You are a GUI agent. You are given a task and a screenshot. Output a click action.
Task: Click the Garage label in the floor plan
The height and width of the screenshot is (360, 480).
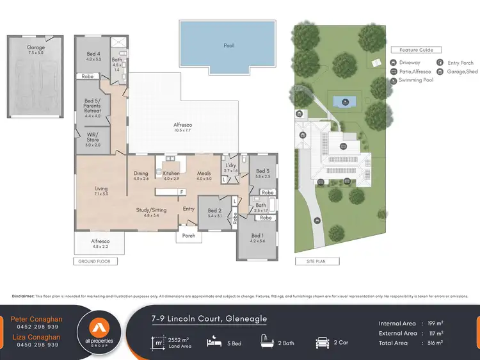(x=35, y=48)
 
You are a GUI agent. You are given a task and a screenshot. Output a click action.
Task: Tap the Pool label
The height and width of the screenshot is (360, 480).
(x=228, y=45)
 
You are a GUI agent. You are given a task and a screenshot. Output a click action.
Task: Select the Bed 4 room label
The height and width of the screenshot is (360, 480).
(x=93, y=56)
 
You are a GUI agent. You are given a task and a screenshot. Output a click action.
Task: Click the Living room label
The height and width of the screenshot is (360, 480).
(x=101, y=190)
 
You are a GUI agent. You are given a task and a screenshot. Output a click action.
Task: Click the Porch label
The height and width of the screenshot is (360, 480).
(x=189, y=235)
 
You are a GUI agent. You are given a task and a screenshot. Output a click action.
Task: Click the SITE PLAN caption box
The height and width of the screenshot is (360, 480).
(x=317, y=261)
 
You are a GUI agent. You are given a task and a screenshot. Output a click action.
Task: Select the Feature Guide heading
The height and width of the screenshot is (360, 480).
(x=416, y=50)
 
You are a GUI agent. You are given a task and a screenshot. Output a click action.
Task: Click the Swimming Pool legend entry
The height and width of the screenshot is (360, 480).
(x=416, y=81)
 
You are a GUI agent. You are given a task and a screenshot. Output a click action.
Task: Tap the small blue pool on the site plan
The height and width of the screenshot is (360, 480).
(x=343, y=101)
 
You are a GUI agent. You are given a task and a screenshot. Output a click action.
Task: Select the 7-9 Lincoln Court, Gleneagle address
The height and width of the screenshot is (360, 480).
(x=209, y=318)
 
